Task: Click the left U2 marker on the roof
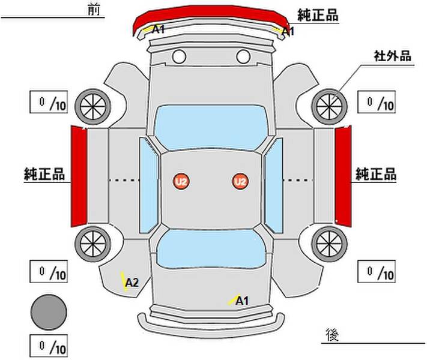[181, 181]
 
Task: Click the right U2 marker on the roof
[240, 181]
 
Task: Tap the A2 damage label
[132, 283]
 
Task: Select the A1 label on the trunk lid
[242, 301]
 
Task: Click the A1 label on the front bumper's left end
[158, 29]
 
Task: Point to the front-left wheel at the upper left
[93, 106]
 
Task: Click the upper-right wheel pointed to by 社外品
[329, 106]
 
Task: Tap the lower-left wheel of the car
[93, 244]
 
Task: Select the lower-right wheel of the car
[329, 244]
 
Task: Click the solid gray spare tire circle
[49, 312]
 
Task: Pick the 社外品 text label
[392, 56]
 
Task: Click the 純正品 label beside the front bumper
[318, 15]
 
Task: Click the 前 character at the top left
[94, 10]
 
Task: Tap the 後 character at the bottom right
[332, 335]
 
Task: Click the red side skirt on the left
[79, 176]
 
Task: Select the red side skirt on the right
[343, 176]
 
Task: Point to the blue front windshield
[211, 128]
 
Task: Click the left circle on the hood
[179, 56]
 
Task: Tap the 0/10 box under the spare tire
[49, 346]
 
